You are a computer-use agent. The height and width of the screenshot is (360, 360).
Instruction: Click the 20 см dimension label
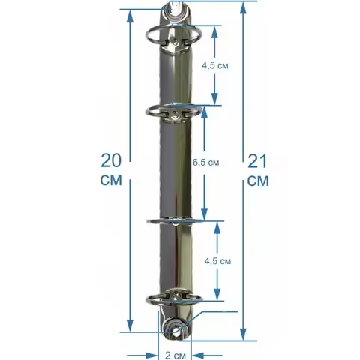[x=111, y=169]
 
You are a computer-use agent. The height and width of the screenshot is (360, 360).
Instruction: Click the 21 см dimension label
[x=258, y=170]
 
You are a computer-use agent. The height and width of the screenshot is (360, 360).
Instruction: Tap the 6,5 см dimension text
[x=205, y=163]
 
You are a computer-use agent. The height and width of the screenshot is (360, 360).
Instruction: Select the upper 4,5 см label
[x=215, y=66]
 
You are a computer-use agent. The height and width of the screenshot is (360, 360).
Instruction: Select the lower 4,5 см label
[x=217, y=261]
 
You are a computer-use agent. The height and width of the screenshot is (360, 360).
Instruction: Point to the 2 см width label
[x=175, y=355]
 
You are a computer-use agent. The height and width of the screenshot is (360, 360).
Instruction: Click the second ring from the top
[x=148, y=112]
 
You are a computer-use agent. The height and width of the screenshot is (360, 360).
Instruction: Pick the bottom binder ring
[x=150, y=302]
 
